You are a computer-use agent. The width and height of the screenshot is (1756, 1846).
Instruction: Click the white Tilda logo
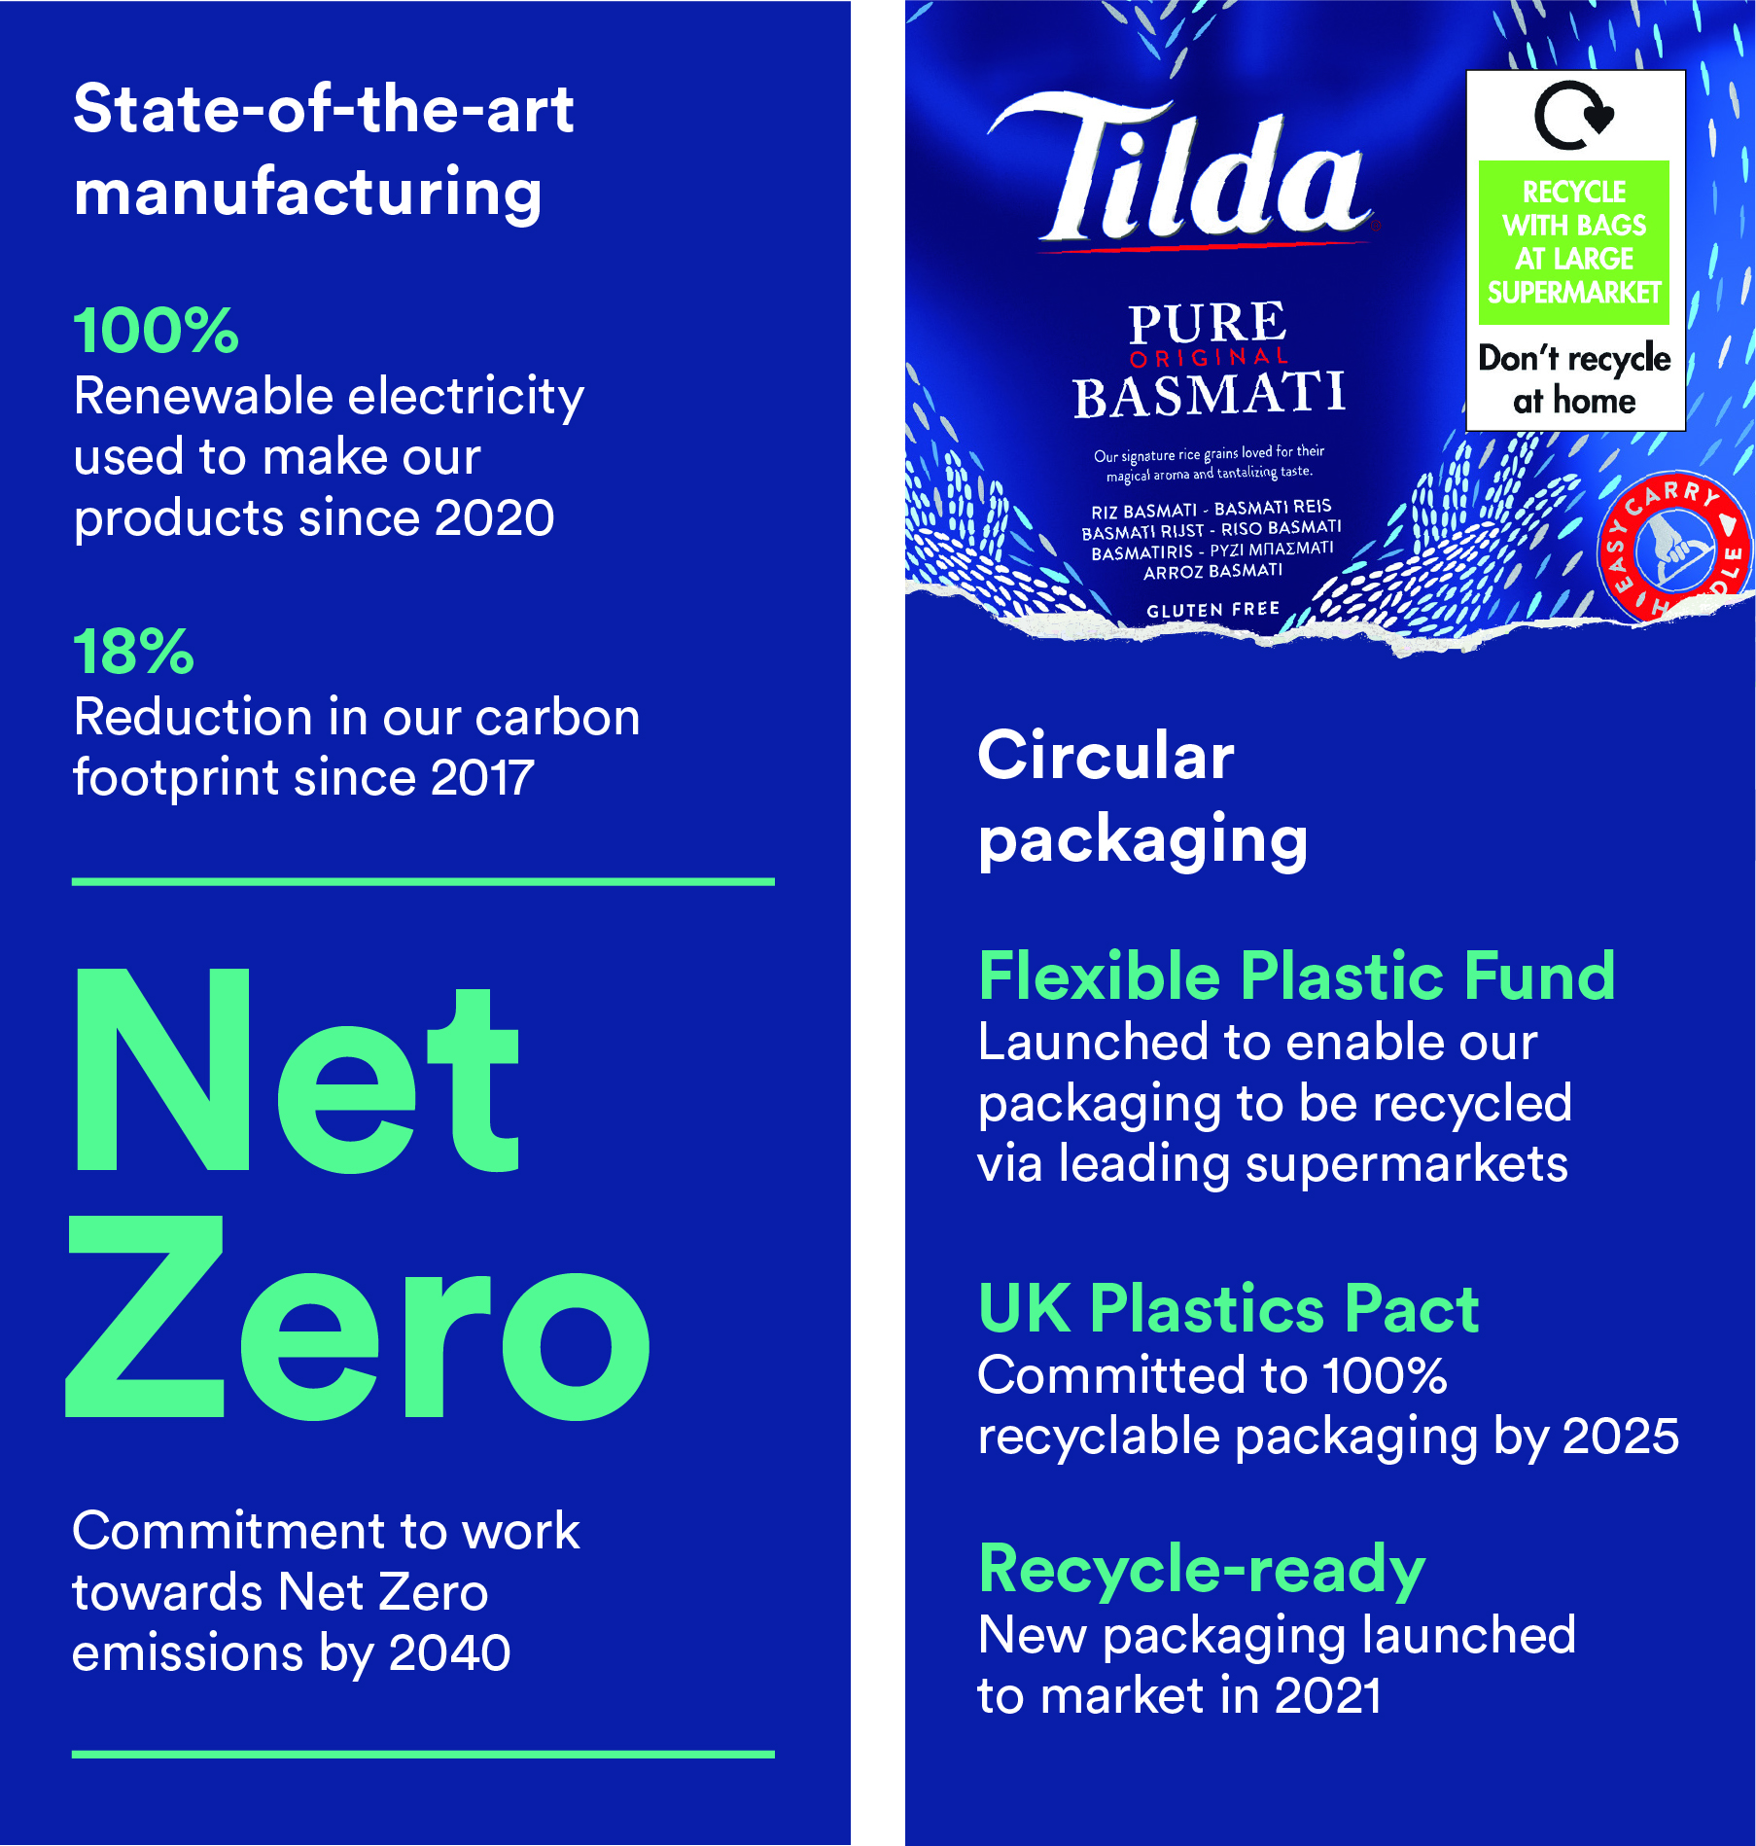[x=1181, y=170]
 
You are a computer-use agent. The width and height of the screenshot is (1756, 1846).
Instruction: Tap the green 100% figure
[x=156, y=330]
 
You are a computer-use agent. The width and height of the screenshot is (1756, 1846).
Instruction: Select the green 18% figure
[x=133, y=651]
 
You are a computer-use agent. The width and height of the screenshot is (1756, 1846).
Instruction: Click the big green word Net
[x=297, y=1071]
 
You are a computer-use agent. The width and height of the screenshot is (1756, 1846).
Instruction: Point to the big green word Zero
[x=358, y=1318]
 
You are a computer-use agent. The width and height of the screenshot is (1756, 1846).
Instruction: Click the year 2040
[x=449, y=1652]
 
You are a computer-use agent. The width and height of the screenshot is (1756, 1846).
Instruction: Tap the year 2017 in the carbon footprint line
[x=482, y=777]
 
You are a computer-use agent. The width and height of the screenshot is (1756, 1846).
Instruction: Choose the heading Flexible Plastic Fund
[x=1296, y=976]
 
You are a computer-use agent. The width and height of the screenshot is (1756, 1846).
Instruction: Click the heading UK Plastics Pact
[x=1228, y=1308]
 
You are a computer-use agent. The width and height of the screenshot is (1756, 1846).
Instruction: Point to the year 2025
[x=1621, y=1436]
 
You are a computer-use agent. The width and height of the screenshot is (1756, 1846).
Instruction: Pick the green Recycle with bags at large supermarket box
[x=1574, y=242]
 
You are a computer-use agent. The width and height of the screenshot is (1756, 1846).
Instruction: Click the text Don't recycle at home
[x=1574, y=379]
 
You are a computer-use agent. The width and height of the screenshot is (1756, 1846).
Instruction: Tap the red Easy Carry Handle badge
[x=1673, y=548]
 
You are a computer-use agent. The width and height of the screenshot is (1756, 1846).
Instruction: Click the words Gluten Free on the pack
[x=1212, y=610]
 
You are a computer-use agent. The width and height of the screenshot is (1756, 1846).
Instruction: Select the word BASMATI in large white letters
[x=1210, y=395]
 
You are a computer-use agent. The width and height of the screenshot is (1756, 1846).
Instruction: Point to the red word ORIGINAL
[x=1210, y=357]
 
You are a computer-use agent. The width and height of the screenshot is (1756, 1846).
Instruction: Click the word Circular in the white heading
[x=1106, y=756]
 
